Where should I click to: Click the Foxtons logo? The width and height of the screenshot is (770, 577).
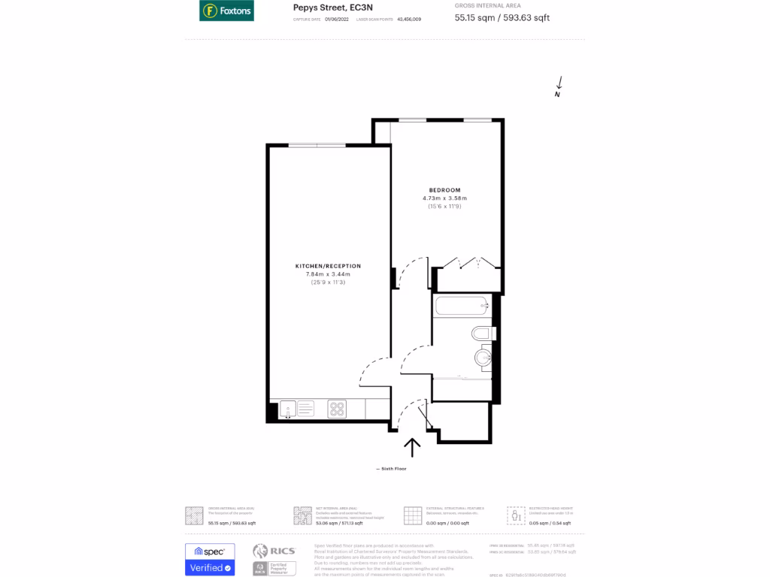click(226, 11)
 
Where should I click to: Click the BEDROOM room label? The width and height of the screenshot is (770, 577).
click(444, 189)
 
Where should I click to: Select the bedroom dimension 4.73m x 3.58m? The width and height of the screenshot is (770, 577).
click(444, 198)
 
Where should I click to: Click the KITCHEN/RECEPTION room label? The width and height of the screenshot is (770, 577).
click(328, 266)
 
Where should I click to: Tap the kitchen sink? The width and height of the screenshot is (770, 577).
click(287, 409)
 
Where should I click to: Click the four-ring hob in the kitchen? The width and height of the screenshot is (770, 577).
click(337, 409)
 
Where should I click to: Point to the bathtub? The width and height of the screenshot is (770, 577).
click(460, 306)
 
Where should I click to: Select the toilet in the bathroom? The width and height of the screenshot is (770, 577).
click(482, 333)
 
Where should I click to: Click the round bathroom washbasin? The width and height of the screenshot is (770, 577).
click(482, 358)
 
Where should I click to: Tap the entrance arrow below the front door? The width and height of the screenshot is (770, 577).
click(412, 447)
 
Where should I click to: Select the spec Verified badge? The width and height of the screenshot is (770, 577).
click(210, 560)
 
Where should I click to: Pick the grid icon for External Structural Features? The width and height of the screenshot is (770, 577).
click(413, 515)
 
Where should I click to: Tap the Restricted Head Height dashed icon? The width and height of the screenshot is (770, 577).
click(516, 515)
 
